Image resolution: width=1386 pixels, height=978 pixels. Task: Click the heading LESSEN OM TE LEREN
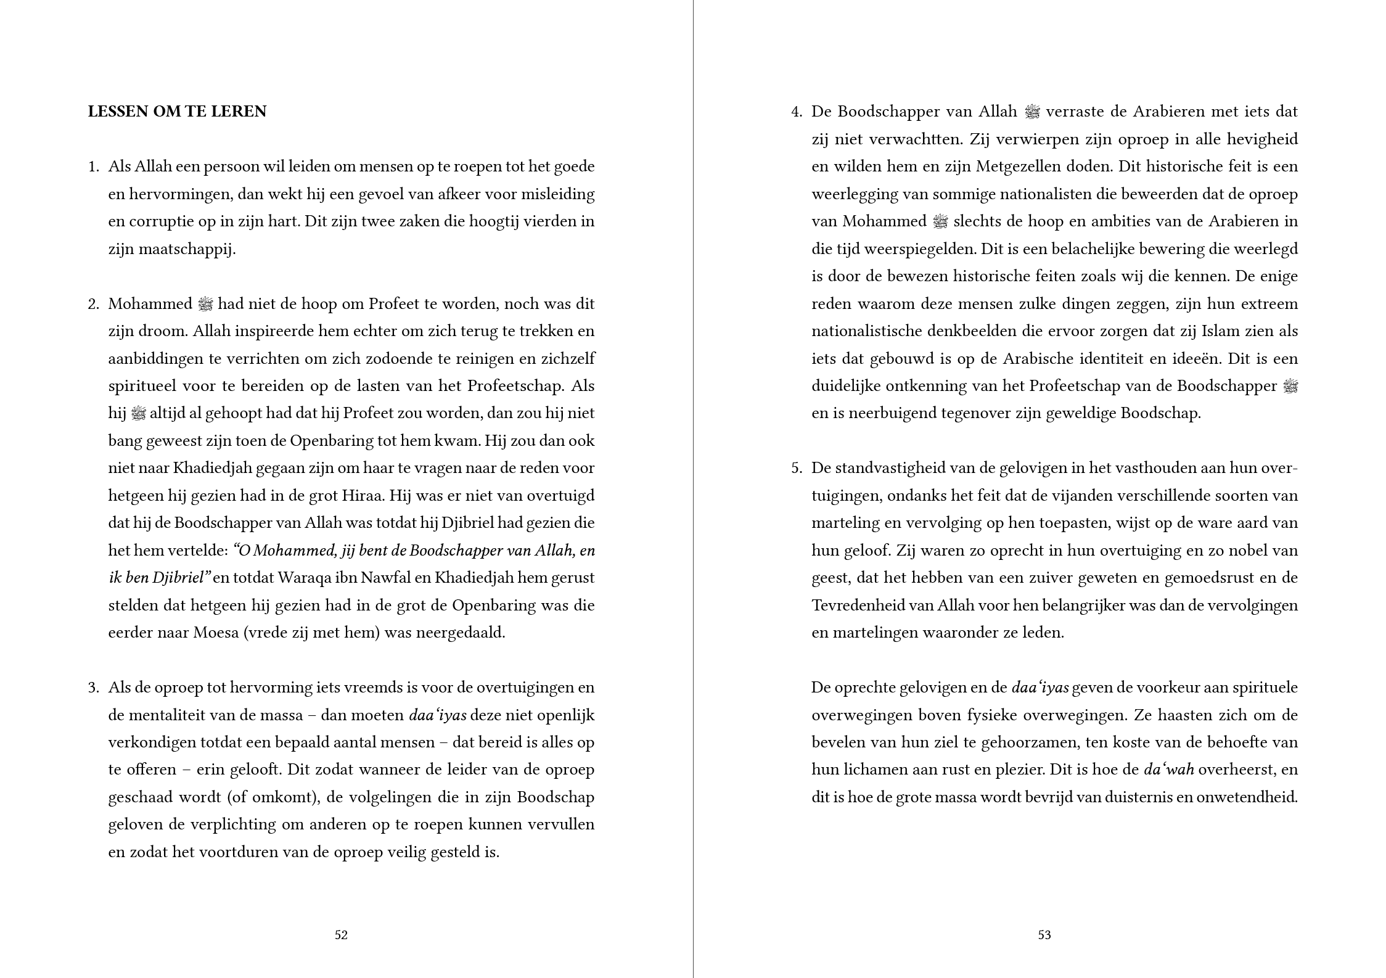click(x=177, y=112)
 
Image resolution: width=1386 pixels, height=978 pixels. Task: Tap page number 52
click(x=341, y=935)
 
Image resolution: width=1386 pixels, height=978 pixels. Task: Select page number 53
click(x=1044, y=935)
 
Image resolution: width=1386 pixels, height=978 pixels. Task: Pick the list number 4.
click(x=797, y=112)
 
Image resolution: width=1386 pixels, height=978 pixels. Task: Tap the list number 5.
click(x=797, y=468)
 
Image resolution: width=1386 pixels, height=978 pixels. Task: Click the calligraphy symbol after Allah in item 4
click(x=1031, y=112)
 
